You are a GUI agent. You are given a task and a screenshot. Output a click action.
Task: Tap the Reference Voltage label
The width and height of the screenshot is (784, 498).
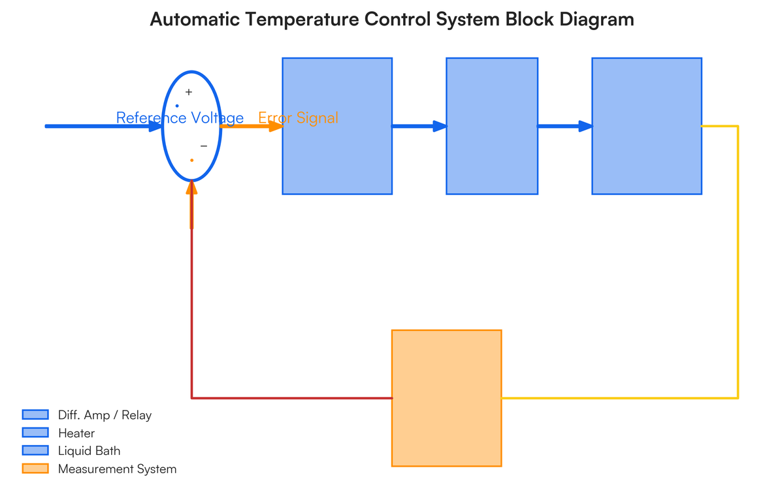pyautogui.click(x=180, y=118)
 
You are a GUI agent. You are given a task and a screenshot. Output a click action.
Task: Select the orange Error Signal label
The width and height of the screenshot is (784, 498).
pyautogui.click(x=298, y=118)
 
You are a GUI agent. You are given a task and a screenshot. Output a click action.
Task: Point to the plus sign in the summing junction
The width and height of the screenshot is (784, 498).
pyautogui.click(x=189, y=93)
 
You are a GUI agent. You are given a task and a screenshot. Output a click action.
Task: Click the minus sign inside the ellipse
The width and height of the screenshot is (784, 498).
pyautogui.click(x=204, y=146)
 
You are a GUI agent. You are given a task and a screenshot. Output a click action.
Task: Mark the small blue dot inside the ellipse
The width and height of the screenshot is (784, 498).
pyautogui.click(x=177, y=106)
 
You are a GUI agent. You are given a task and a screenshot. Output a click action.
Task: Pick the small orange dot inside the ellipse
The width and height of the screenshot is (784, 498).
pyautogui.click(x=191, y=160)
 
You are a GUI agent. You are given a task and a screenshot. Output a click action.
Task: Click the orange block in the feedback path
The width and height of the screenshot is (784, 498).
pyautogui.click(x=446, y=397)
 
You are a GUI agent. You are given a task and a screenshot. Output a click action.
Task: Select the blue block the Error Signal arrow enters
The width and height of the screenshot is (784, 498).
pyautogui.click(x=337, y=157)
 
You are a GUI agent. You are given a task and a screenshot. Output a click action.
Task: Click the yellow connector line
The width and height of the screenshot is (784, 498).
pyautogui.click(x=738, y=261)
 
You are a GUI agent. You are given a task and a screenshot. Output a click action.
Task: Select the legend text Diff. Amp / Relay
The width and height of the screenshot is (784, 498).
pyautogui.click(x=105, y=415)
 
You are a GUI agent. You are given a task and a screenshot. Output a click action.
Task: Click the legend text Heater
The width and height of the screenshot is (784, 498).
pyautogui.click(x=76, y=433)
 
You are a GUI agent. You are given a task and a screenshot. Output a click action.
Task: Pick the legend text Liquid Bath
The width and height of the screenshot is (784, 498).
pyautogui.click(x=89, y=451)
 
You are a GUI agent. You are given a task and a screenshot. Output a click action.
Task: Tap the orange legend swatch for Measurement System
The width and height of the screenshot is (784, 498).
pyautogui.click(x=35, y=469)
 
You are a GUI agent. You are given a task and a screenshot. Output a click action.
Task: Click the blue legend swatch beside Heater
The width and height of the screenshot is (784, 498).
pyautogui.click(x=35, y=433)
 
